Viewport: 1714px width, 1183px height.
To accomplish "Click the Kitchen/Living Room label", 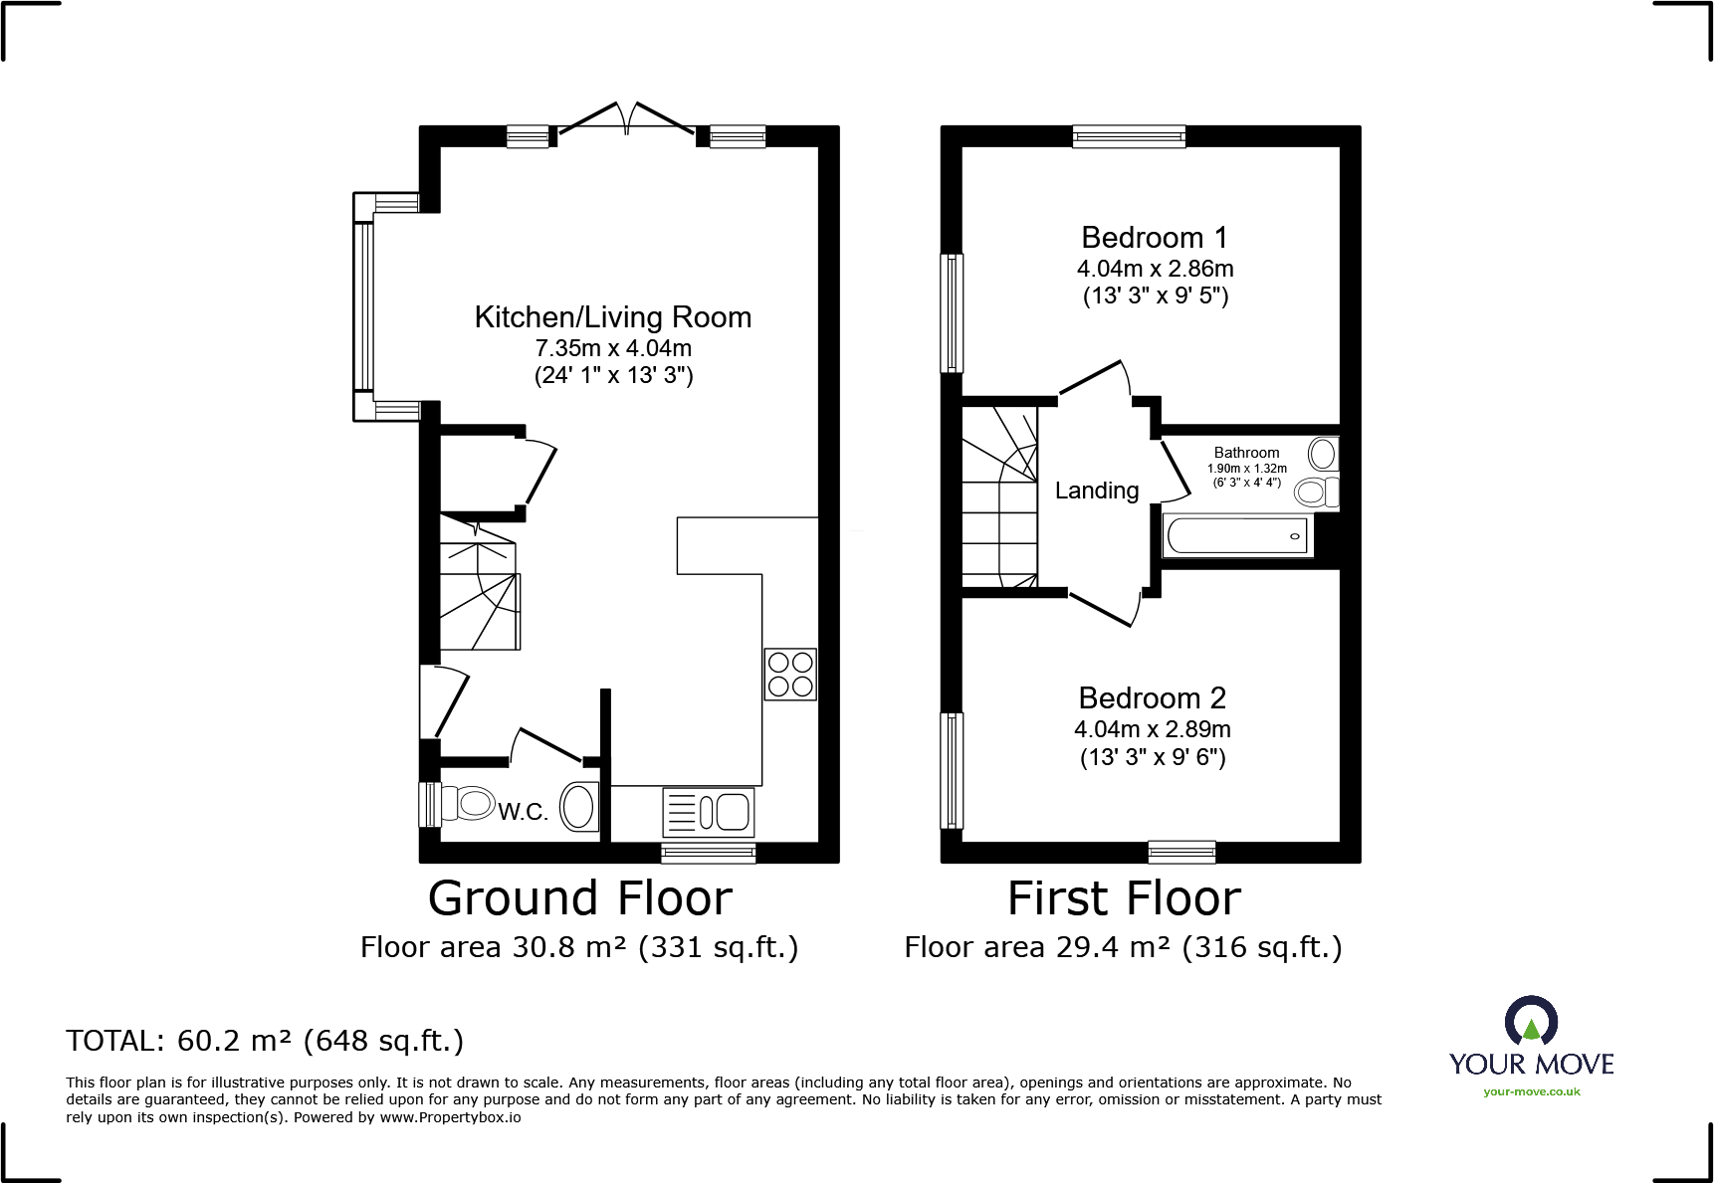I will (x=612, y=317).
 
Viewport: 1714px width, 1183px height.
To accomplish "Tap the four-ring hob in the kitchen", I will (x=790, y=674).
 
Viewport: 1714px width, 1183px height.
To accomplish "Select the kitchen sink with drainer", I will (x=709, y=812).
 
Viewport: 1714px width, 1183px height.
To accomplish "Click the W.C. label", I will (x=523, y=812).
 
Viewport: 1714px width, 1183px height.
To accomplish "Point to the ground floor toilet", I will (x=468, y=804).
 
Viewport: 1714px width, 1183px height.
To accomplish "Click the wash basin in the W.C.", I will (x=578, y=806).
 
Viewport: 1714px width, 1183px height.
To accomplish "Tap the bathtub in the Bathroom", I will (x=1237, y=536).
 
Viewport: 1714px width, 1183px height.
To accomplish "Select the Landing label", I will (x=1096, y=491).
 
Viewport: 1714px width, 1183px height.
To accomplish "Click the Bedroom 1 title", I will (x=1154, y=238).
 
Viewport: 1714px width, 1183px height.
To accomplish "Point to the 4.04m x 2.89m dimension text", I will (x=1152, y=729).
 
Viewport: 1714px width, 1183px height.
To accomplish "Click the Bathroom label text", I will (x=1246, y=453).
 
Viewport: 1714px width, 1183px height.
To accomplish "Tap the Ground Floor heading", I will (x=579, y=898).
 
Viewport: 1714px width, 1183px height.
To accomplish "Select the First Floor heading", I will (x=1124, y=898).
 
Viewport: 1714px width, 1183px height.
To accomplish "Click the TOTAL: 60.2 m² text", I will (x=265, y=1041).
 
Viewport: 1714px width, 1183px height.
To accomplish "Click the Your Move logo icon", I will (x=1531, y=1022).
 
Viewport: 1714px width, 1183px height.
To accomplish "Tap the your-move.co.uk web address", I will (x=1531, y=1092).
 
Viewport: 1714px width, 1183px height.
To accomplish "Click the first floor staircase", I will (x=998, y=497).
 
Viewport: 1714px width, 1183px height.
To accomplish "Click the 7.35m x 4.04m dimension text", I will (x=613, y=348).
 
